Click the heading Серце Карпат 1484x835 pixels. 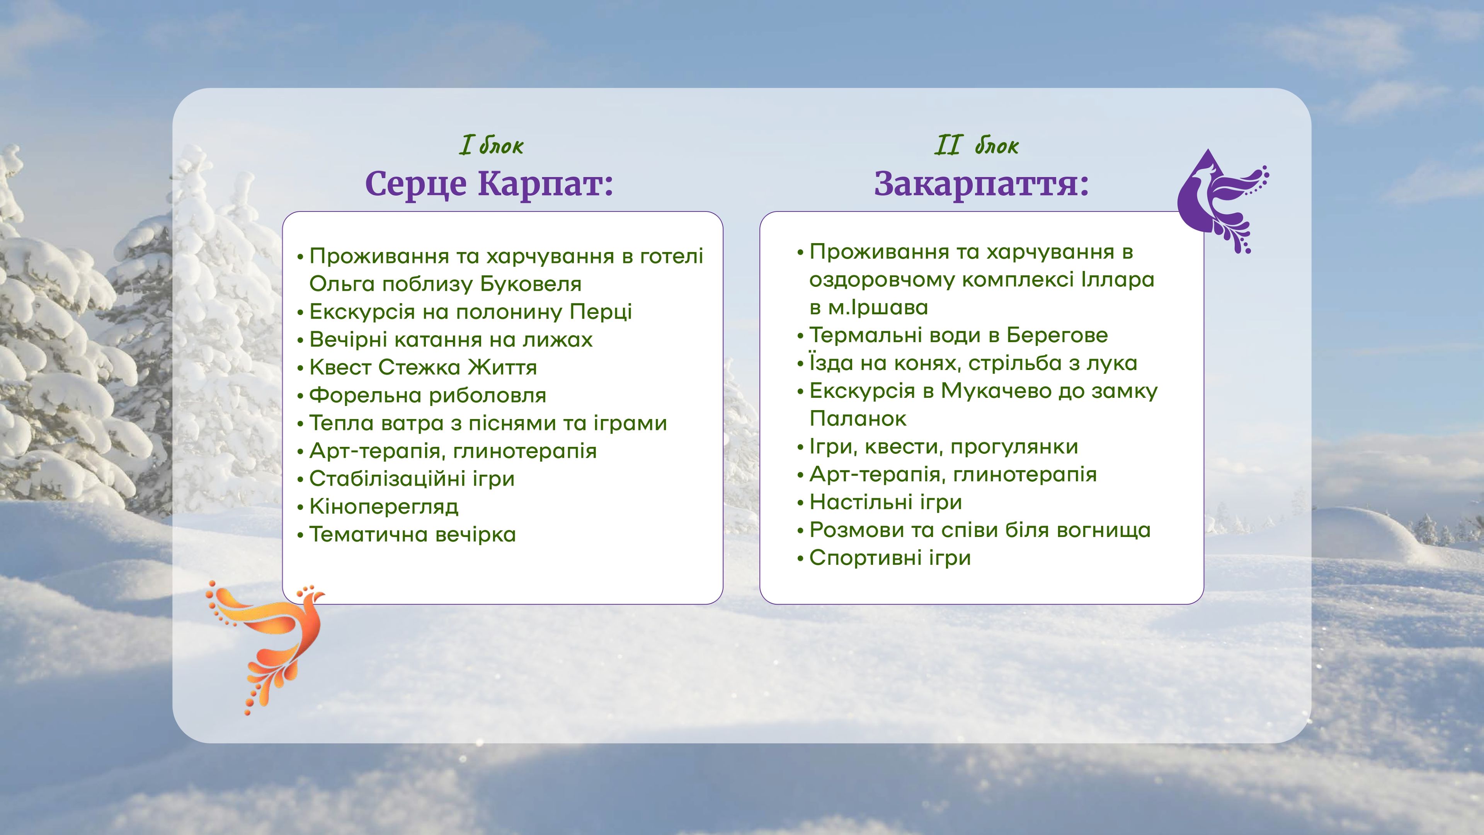(x=489, y=184)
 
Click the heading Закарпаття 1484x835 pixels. (x=982, y=184)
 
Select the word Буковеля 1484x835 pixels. (x=531, y=284)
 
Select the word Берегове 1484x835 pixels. (x=1057, y=336)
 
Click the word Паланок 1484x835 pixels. (x=858, y=419)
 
